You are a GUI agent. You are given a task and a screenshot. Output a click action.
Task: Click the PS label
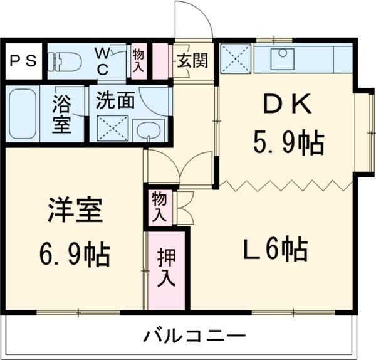(22, 61)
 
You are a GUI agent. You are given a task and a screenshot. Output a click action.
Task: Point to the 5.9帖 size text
(288, 144)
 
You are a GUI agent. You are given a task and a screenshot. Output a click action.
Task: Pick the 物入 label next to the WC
(138, 60)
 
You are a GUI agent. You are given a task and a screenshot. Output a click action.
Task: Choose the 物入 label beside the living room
(159, 206)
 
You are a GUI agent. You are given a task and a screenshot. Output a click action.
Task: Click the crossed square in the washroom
(113, 127)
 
